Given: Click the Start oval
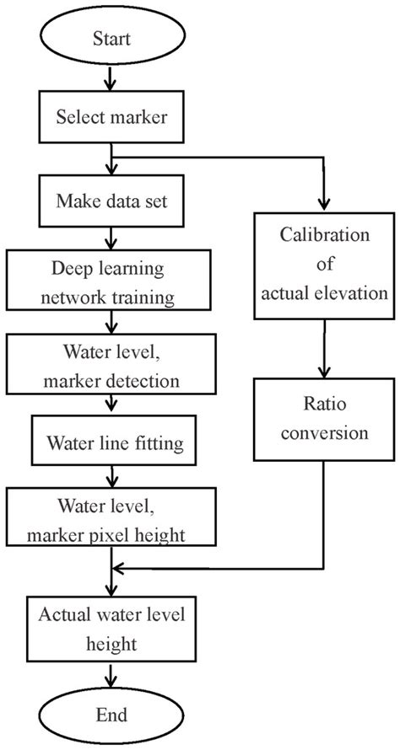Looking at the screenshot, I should click(111, 38).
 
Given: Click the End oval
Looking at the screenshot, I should click(111, 715).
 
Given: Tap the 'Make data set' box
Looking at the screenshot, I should click(111, 201).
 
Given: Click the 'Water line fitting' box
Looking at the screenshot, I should click(111, 442).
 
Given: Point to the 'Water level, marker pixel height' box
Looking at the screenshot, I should click(111, 519).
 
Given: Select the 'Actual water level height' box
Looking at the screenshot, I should click(111, 628).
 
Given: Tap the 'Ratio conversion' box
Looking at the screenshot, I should click(323, 421).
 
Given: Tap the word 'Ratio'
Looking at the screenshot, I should click(323, 408).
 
